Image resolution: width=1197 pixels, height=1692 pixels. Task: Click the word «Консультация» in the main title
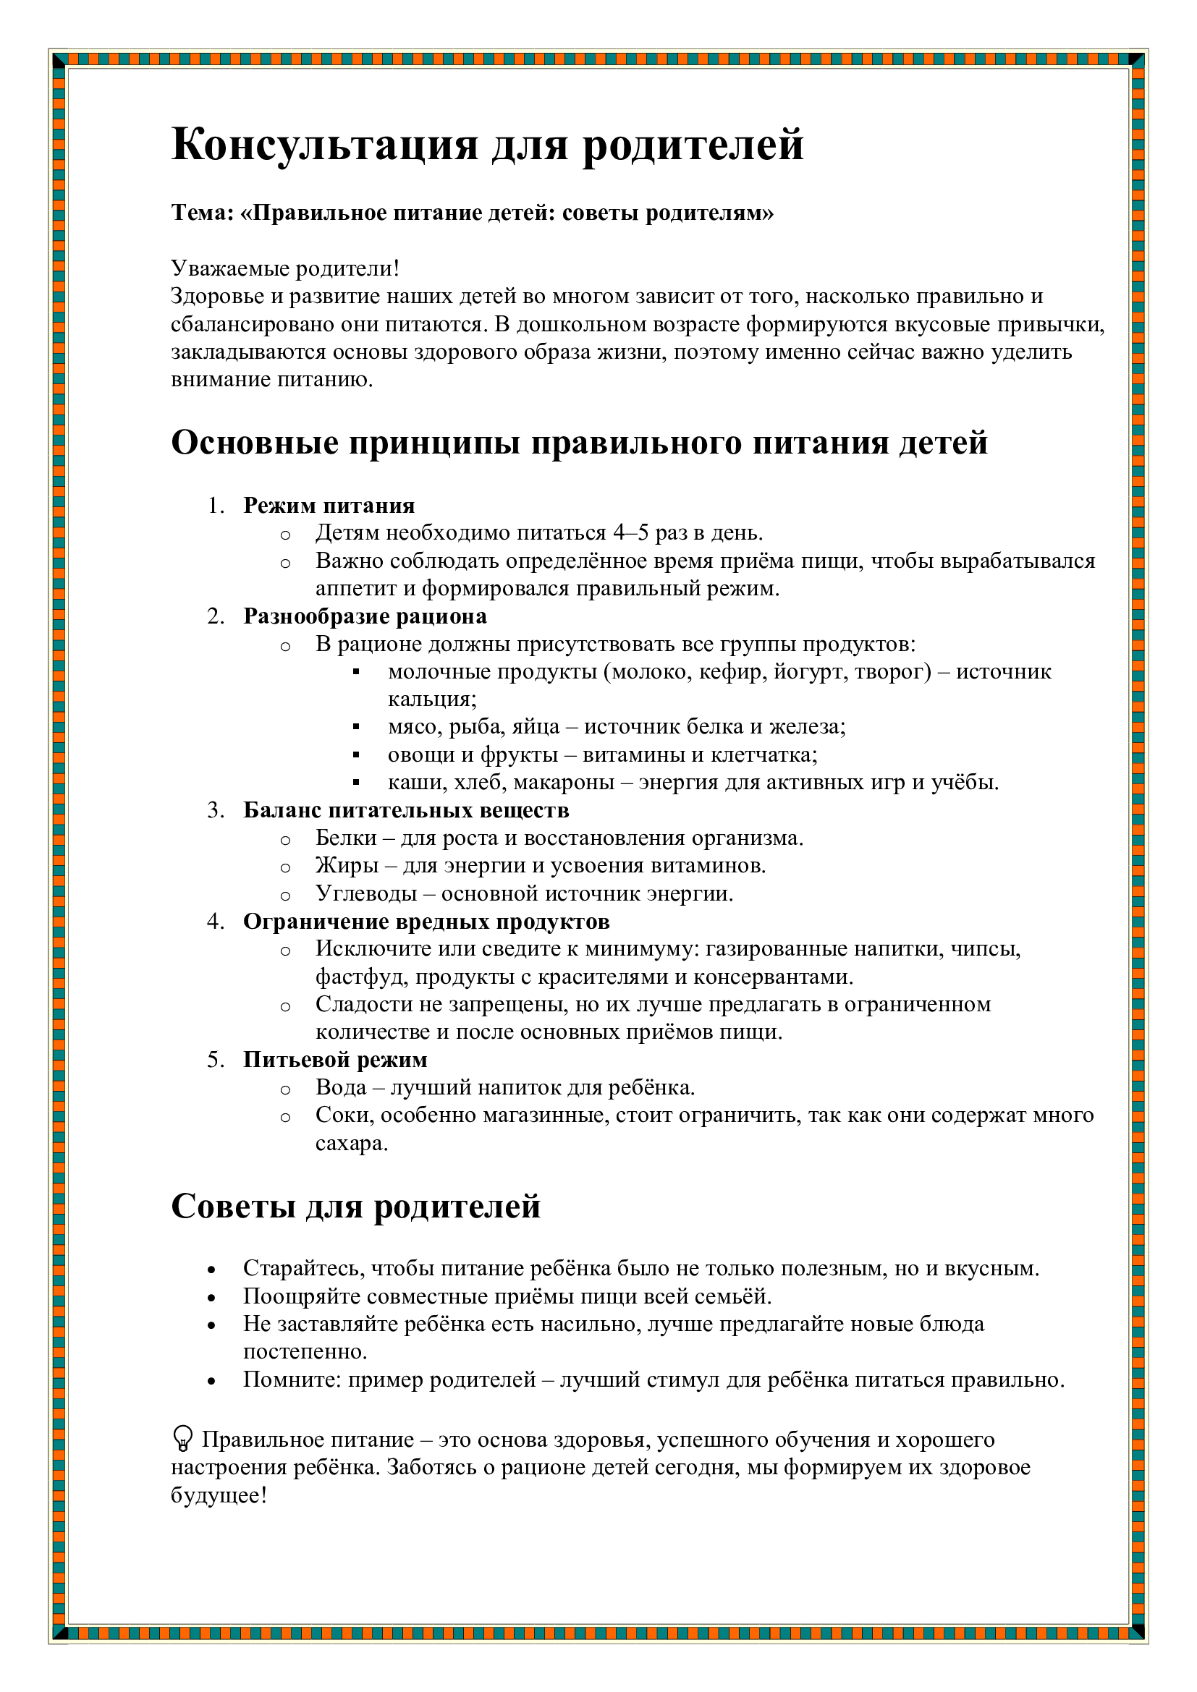tap(324, 145)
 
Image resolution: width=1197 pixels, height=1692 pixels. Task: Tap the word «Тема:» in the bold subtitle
tap(202, 213)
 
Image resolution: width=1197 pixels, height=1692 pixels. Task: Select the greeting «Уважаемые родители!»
tap(285, 268)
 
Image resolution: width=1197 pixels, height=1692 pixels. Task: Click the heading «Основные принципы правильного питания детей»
tap(579, 443)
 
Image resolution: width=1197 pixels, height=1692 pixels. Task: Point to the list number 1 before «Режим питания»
tap(214, 506)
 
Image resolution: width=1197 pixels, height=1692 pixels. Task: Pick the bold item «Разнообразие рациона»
tap(365, 616)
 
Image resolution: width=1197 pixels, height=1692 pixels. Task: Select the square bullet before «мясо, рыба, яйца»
tap(356, 727)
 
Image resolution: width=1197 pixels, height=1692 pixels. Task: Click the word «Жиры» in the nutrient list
tap(347, 866)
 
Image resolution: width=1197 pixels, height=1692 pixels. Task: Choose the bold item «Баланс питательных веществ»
tap(406, 811)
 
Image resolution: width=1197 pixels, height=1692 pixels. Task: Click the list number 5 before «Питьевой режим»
tap(214, 1060)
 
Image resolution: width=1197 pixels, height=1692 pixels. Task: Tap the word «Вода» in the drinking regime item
tap(341, 1088)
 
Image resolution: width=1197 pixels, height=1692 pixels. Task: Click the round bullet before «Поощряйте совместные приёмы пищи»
tap(212, 1298)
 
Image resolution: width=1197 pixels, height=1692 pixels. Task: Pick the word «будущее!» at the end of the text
tap(218, 1496)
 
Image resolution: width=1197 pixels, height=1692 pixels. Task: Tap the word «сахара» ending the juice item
tap(351, 1144)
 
